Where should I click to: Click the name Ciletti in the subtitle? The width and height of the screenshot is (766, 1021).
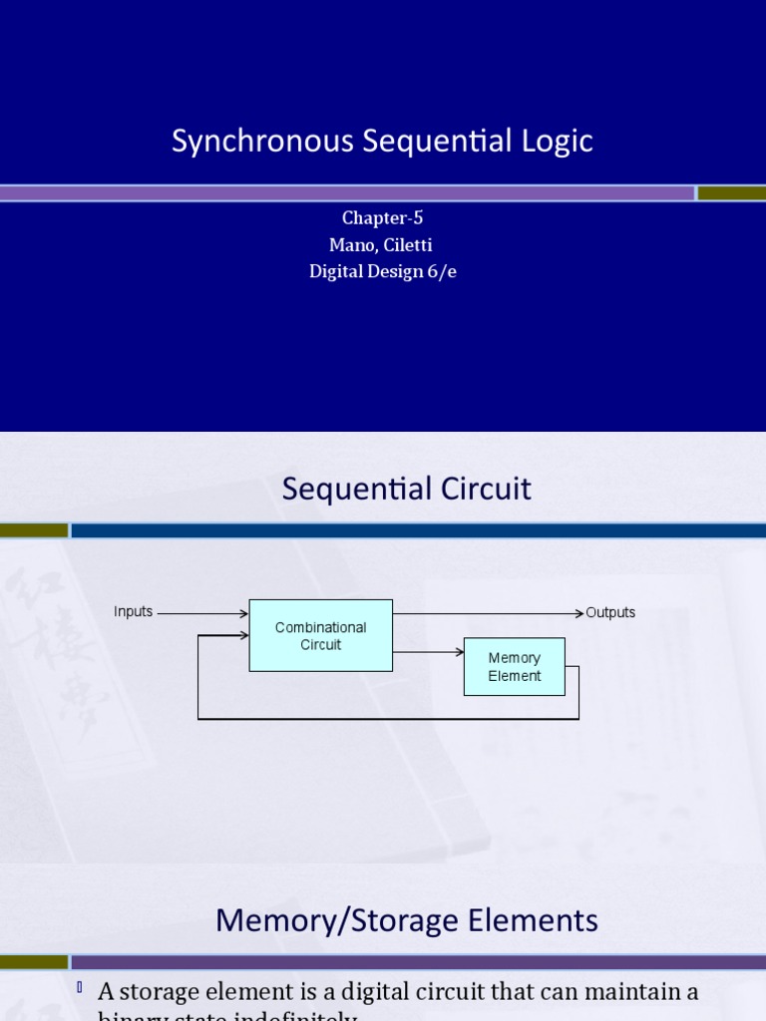pyautogui.click(x=405, y=245)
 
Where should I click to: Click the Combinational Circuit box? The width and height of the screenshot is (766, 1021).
pyautogui.click(x=320, y=635)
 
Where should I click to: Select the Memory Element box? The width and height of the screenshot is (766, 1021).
pyautogui.click(x=514, y=666)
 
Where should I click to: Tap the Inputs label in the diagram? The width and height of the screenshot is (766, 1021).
pyautogui.click(x=134, y=611)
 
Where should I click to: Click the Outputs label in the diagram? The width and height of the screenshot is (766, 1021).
pyautogui.click(x=610, y=612)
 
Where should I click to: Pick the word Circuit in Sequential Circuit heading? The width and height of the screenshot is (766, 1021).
pyautogui.click(x=489, y=489)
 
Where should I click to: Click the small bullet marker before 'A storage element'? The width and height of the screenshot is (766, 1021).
pyautogui.click(x=79, y=988)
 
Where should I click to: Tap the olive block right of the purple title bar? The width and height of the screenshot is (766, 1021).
pyautogui.click(x=731, y=192)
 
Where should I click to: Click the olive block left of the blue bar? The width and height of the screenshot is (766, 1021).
pyautogui.click(x=34, y=530)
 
